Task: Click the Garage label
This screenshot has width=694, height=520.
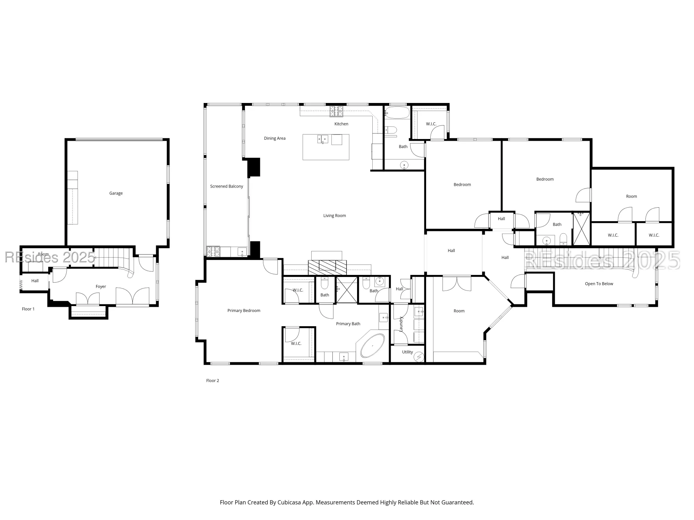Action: [116, 193]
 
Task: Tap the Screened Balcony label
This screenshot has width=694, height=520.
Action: [227, 187]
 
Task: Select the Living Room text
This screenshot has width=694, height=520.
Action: [335, 216]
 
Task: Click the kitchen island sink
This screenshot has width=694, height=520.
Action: [323, 139]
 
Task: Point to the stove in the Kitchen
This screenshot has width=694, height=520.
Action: [336, 111]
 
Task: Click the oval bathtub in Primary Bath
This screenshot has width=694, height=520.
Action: [373, 346]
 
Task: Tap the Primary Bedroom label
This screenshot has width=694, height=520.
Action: [244, 311]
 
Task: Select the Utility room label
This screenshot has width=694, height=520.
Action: [407, 352]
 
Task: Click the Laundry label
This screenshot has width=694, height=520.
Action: [401, 324]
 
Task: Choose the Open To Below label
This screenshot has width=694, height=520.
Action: [599, 284]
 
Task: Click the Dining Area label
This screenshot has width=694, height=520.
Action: [274, 138]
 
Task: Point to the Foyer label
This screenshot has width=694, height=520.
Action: [101, 287]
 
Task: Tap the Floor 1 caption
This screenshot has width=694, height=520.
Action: [28, 309]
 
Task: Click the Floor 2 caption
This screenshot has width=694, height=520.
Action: [212, 381]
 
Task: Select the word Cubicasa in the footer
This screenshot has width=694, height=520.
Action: [289, 502]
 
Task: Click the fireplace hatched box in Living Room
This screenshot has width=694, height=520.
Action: [327, 267]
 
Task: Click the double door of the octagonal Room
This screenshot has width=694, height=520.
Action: [457, 284]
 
